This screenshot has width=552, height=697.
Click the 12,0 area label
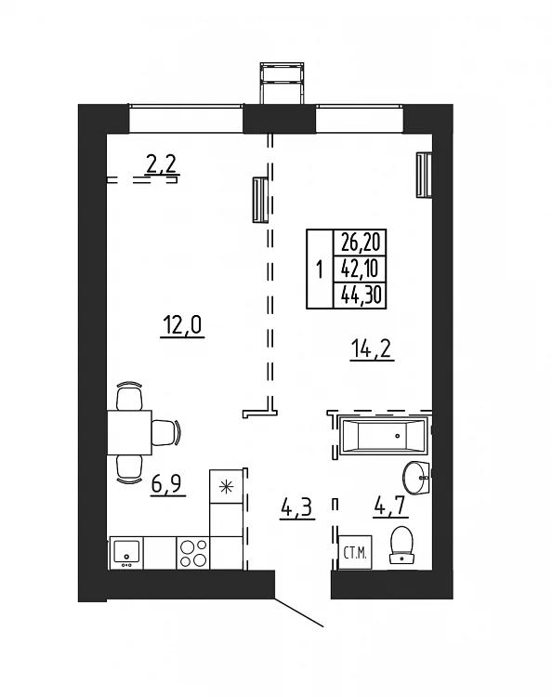click(x=182, y=325)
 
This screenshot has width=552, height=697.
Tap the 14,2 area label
click(x=372, y=348)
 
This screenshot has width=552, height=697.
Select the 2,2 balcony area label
click(x=162, y=164)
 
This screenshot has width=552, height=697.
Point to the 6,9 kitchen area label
click(x=166, y=484)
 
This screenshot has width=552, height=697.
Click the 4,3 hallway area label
click(x=297, y=507)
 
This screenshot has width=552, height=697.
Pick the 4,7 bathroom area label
click(x=390, y=505)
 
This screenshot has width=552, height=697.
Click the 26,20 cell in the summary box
click(x=361, y=243)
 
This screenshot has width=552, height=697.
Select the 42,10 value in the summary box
click(x=360, y=269)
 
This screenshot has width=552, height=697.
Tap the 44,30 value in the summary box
click(x=361, y=295)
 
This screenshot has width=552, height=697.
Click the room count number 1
click(x=319, y=270)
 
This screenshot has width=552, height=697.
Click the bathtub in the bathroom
click(x=384, y=436)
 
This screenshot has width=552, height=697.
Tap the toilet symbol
click(x=401, y=546)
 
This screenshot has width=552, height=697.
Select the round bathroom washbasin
click(x=416, y=478)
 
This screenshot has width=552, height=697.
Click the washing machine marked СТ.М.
click(x=355, y=553)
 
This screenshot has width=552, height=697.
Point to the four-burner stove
click(x=193, y=553)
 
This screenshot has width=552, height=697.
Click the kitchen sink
click(x=126, y=553)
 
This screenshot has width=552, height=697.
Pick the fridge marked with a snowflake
click(x=226, y=486)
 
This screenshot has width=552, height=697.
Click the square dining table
click(x=129, y=432)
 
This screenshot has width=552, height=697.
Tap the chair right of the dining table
click(x=166, y=432)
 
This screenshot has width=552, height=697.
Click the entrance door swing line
click(x=298, y=613)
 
